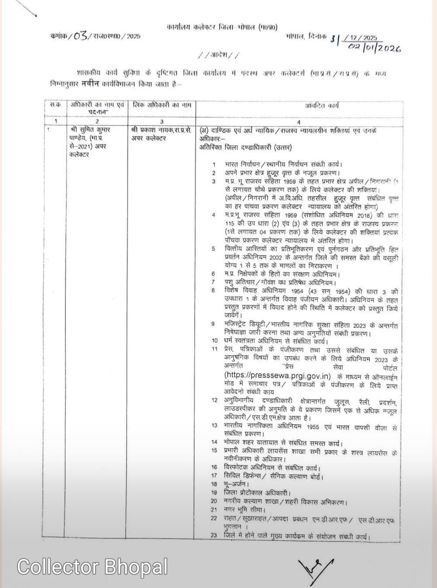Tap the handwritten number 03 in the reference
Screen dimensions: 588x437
[81, 36]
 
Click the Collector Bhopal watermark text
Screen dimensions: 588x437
[92, 566]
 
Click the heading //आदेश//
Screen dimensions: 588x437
[219, 55]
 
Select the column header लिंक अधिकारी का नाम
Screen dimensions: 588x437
[161, 105]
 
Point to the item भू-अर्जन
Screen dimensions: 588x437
[236, 484]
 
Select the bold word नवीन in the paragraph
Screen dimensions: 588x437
[90, 84]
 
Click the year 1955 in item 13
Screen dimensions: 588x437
[313, 427]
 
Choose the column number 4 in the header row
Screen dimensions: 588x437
[299, 121]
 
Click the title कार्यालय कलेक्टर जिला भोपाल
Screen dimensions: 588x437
[222, 28]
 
